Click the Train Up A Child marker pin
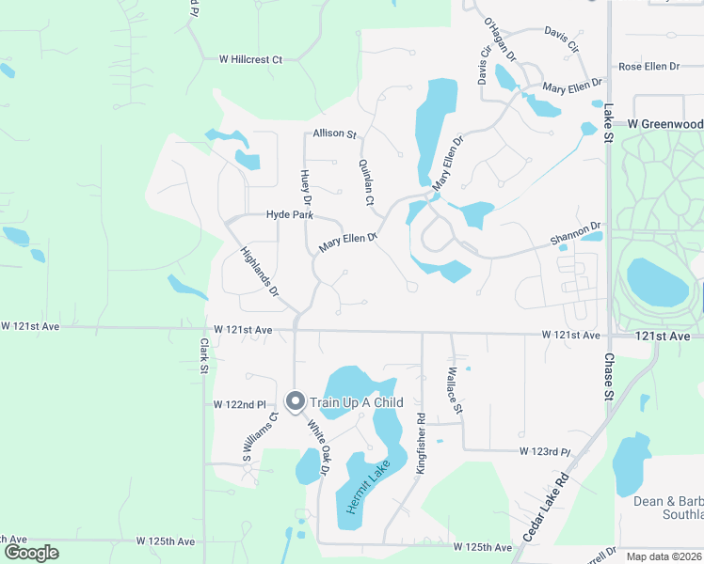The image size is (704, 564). (x=295, y=401)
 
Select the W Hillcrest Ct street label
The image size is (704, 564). (x=250, y=59)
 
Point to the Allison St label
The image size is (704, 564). (x=335, y=134)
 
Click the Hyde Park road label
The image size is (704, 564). (x=289, y=215)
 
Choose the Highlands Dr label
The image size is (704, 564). (x=260, y=272)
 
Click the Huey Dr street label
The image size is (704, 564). (x=305, y=187)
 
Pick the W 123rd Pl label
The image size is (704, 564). (x=545, y=452)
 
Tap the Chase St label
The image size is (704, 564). (x=608, y=376)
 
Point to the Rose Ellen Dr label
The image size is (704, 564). (x=648, y=67)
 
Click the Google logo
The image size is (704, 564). (x=31, y=553)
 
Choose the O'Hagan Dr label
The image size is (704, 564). (x=500, y=38)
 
